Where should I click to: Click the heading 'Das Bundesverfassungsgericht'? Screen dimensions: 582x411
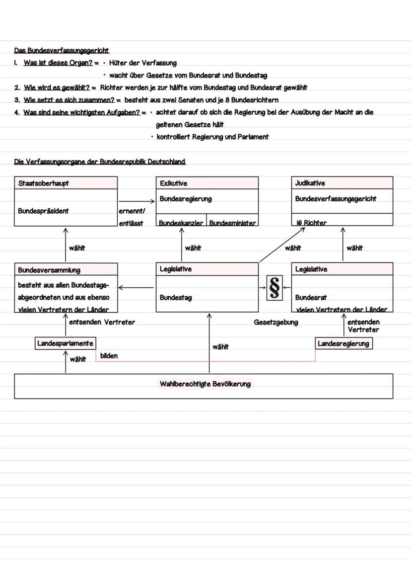[x=62, y=51]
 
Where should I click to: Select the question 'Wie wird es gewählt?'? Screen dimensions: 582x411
[x=57, y=87]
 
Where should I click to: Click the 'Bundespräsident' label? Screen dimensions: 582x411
[x=43, y=211]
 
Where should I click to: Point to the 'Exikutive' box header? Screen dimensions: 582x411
[x=174, y=183]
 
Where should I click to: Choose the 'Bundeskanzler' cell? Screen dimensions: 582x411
[x=181, y=223]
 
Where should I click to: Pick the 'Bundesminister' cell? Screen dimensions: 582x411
[x=233, y=223]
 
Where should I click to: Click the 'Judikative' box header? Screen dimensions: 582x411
[x=310, y=183]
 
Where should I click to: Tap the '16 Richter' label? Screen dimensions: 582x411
[x=311, y=223]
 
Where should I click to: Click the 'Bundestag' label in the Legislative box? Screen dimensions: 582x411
[x=176, y=298]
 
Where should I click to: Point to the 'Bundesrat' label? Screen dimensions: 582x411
[x=311, y=298]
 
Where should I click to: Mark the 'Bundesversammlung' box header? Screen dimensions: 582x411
[x=49, y=270]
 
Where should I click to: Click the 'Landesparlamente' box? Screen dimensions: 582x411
[x=65, y=343]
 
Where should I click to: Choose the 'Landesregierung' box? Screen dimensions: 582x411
[x=343, y=343]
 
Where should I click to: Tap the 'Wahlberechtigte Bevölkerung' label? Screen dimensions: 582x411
[x=205, y=384]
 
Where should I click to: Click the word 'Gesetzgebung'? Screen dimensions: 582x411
[x=276, y=323]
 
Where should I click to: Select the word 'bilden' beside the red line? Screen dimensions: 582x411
[x=109, y=356]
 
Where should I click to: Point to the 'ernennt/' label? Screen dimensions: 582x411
[x=132, y=211]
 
